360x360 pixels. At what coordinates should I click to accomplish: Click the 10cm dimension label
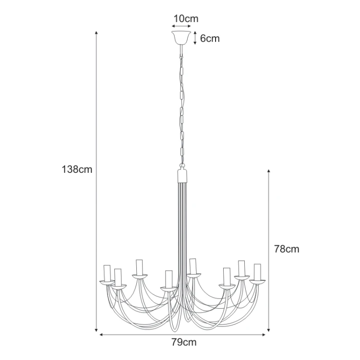tap(186, 19)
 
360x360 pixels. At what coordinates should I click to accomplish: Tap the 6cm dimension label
tap(210, 38)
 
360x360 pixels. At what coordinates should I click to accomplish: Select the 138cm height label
tap(77, 169)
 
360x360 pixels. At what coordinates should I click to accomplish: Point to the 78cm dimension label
tap(287, 249)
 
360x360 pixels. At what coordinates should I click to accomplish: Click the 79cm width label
tap(184, 342)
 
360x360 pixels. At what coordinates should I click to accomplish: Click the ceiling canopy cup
tap(181, 37)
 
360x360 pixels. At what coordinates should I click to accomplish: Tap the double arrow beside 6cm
tap(195, 37)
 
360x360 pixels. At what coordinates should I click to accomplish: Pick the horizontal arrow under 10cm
tap(181, 26)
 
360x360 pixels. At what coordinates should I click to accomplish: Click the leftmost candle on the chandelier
tap(107, 273)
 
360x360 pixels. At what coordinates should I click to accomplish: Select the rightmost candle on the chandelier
tap(257, 272)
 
